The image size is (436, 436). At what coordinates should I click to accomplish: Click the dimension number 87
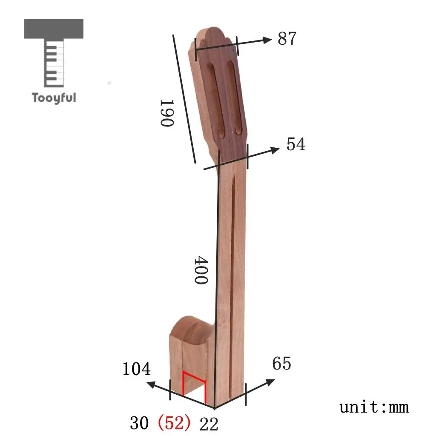(287, 38)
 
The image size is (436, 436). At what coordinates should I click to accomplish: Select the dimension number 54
(296, 144)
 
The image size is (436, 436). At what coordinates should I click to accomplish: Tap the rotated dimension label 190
(167, 113)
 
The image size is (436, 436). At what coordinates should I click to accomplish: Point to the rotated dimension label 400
(201, 270)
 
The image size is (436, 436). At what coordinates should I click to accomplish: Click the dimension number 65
(282, 363)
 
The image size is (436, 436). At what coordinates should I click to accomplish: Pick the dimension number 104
(137, 369)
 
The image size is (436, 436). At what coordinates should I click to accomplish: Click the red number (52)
(174, 423)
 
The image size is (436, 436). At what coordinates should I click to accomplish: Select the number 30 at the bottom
(139, 423)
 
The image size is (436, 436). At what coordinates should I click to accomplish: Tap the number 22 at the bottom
(209, 425)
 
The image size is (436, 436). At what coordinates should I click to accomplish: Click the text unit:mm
(374, 407)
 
